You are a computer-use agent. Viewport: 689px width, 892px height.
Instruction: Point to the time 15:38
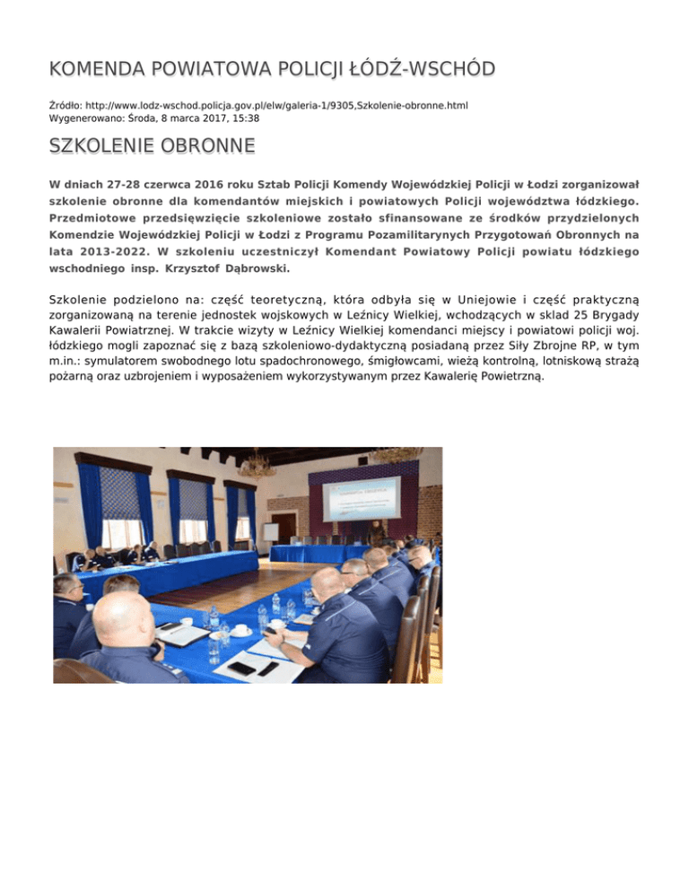point(244,118)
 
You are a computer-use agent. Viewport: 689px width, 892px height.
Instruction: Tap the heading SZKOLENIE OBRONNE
point(153,145)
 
